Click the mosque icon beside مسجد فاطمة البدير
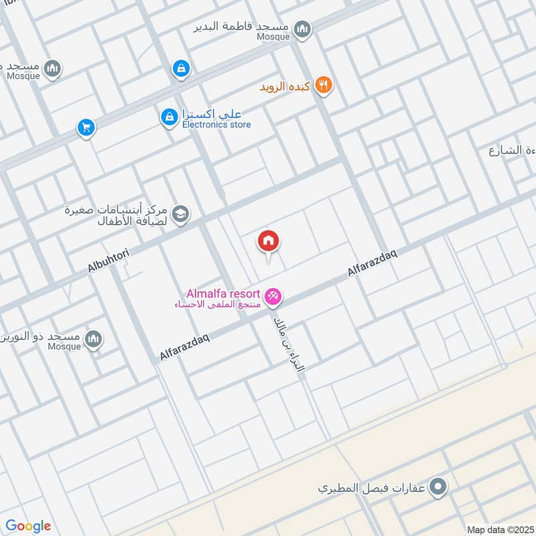point(303,27)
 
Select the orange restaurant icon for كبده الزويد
point(324,85)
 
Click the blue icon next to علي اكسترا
point(169,117)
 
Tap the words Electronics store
point(216,125)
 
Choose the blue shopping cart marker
point(85,127)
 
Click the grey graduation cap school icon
point(180,214)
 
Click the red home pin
point(269,242)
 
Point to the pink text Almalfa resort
point(224,293)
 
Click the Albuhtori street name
point(112,257)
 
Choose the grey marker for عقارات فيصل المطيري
point(438,486)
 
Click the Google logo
point(28,526)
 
